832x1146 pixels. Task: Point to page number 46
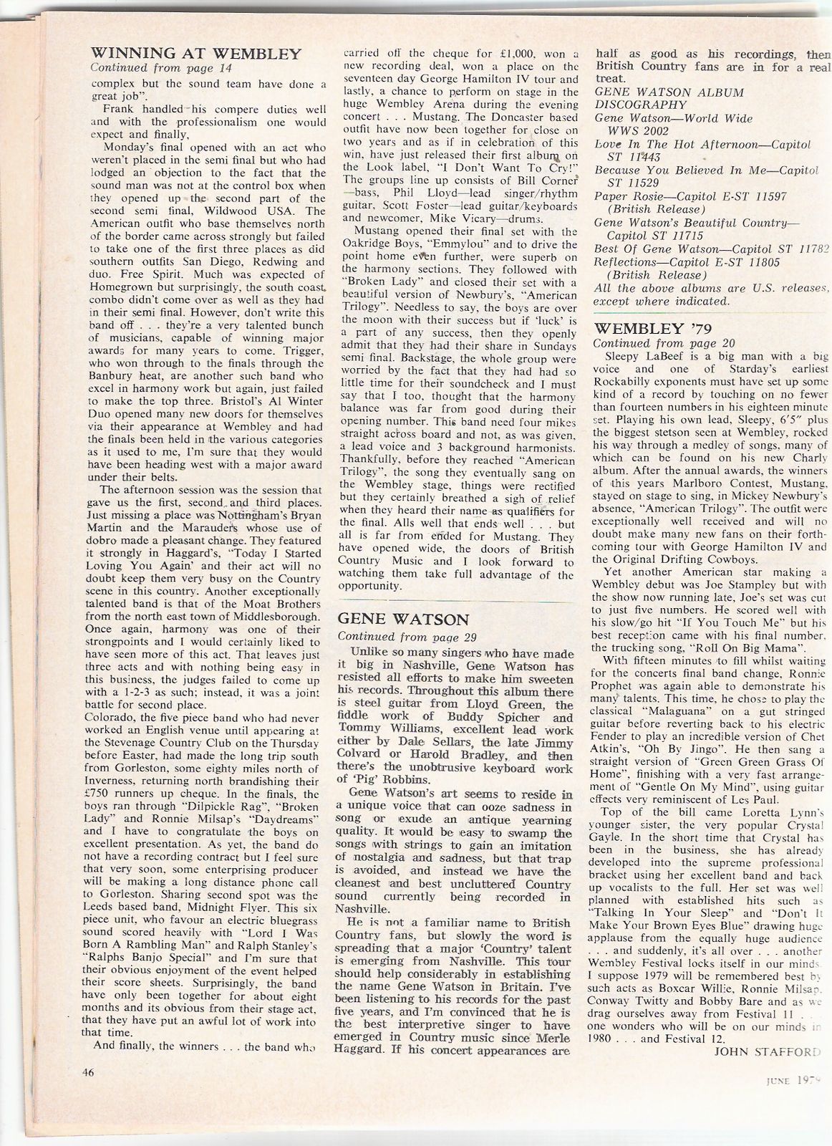pyautogui.click(x=88, y=1072)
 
